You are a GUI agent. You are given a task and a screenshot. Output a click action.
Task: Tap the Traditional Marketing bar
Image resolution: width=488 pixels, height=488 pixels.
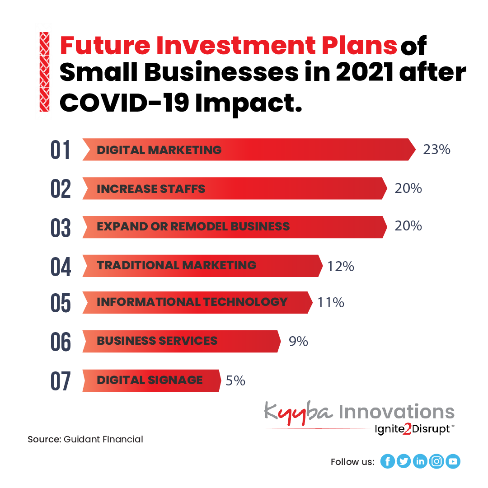(x=202, y=266)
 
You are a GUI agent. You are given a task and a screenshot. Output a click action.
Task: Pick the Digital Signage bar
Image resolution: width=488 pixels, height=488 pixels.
(x=151, y=380)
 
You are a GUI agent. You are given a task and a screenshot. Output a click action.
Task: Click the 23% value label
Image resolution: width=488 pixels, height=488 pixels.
(x=436, y=150)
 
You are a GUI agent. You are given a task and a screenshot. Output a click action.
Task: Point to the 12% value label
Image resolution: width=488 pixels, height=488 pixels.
(x=341, y=267)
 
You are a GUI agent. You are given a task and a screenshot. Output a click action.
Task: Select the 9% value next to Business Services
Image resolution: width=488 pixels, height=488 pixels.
(x=298, y=342)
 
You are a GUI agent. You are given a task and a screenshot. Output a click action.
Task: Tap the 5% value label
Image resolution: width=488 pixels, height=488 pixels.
(x=235, y=381)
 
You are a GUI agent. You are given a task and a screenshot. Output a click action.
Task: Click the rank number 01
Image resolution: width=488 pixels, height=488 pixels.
(x=61, y=150)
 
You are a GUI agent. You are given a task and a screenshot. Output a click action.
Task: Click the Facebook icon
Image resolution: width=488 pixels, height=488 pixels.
(x=387, y=461)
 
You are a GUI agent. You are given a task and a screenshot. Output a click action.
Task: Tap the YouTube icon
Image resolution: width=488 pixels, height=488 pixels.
(x=453, y=461)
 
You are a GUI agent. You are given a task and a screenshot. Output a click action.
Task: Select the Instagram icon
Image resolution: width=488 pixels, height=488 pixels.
(x=436, y=461)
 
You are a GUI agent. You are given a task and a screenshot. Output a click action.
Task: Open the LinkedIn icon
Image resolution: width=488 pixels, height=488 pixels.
(x=420, y=461)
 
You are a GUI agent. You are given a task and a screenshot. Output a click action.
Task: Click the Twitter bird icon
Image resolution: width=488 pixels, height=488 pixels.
(x=404, y=461)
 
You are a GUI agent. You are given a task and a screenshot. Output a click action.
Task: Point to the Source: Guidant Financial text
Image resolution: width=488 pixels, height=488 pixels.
(x=85, y=439)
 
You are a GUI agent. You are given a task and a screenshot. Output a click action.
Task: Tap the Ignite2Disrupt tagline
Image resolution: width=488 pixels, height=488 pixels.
(x=412, y=429)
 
